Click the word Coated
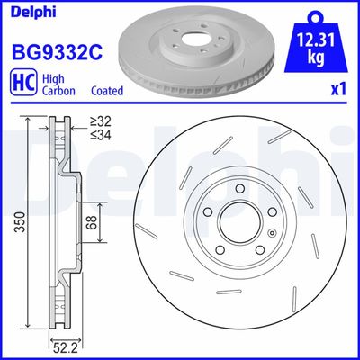coord(107,90)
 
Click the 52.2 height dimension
coord(59,346)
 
